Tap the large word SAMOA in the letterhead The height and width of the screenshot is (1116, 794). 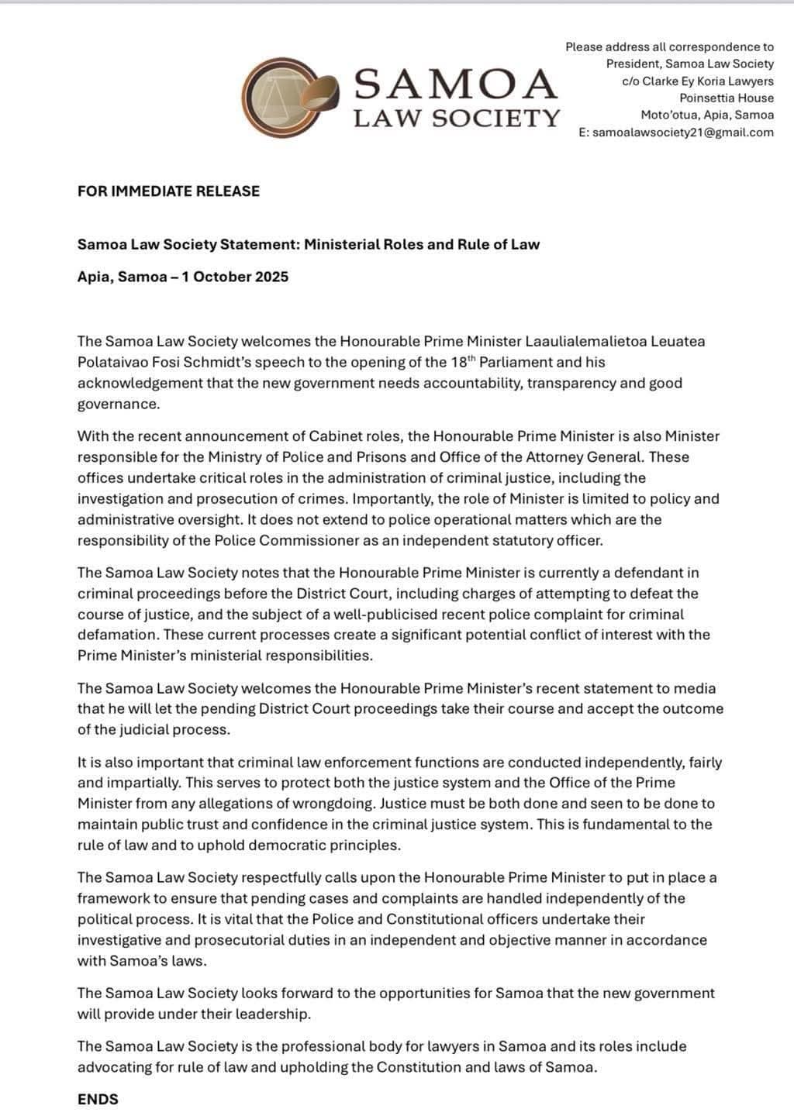[x=456, y=84]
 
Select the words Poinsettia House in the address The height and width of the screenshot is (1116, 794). [x=727, y=98]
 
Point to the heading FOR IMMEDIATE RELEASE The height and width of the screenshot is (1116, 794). [x=168, y=191]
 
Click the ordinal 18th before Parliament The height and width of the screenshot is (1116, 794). [x=461, y=362]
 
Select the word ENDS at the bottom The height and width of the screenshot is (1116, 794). [x=98, y=1099]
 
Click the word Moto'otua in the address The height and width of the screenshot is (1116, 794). [x=669, y=115]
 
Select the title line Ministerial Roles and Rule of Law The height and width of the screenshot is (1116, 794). [x=422, y=245]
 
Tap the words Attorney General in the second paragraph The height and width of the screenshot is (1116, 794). [x=609, y=457]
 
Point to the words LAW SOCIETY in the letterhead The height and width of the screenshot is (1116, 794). [x=456, y=119]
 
